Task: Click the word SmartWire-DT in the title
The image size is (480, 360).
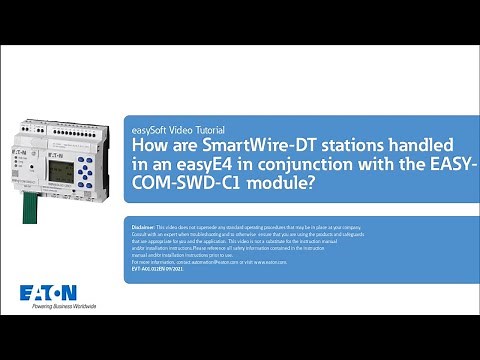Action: tap(250, 147)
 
